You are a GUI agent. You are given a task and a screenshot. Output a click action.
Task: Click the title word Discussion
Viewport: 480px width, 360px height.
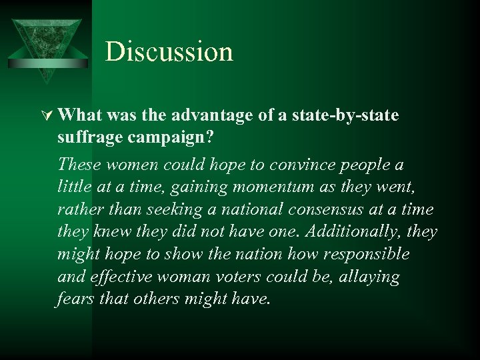(x=169, y=52)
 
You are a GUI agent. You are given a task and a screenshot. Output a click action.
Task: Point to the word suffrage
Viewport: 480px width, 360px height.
(x=86, y=139)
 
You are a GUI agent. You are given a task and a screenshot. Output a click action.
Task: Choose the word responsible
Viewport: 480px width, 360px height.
(x=363, y=255)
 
